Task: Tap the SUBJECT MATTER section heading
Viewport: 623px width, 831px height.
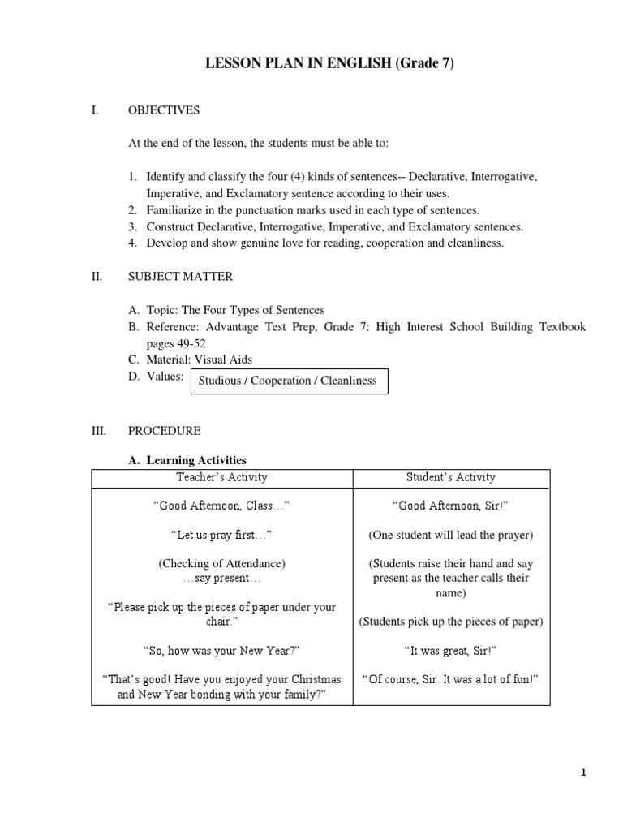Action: click(180, 277)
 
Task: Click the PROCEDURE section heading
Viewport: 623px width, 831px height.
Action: click(165, 431)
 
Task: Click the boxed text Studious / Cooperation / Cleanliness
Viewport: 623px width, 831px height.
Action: click(289, 381)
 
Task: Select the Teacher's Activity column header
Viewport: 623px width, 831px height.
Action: click(221, 477)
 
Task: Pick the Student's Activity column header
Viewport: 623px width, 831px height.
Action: click(451, 477)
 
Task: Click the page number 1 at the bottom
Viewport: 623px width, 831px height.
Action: click(582, 773)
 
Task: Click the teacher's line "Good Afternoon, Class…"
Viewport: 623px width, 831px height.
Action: click(221, 506)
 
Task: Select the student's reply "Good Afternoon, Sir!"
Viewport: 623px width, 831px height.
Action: click(451, 506)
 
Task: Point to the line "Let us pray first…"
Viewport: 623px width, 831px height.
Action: click(221, 535)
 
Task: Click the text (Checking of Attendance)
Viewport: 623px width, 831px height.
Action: click(221, 563)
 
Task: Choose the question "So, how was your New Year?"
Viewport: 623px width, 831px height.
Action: click(221, 650)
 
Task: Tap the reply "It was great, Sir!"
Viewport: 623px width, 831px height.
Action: click(451, 650)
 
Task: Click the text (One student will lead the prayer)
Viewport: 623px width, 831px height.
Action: click(451, 535)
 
